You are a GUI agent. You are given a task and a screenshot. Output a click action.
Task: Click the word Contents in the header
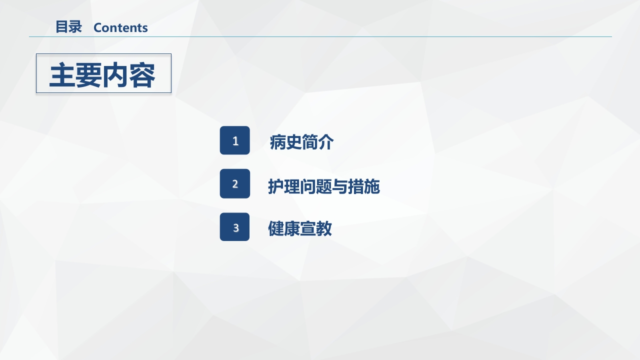click(x=120, y=28)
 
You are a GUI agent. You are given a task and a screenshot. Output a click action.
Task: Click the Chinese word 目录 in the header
click(x=68, y=27)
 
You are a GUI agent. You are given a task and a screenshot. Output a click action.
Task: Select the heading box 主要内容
click(x=103, y=73)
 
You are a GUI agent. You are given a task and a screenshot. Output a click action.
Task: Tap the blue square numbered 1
click(x=235, y=140)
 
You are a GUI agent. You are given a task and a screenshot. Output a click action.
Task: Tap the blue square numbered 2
click(x=235, y=183)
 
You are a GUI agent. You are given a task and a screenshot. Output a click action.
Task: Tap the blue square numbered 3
click(x=235, y=227)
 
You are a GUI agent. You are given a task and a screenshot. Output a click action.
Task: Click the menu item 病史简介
click(x=301, y=142)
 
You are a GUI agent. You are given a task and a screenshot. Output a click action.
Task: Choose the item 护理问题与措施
click(x=324, y=186)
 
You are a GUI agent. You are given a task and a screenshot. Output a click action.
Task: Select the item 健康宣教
click(x=300, y=229)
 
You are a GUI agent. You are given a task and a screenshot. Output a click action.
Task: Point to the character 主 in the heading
click(x=62, y=75)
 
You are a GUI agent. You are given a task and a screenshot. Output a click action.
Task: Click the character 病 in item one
click(x=277, y=142)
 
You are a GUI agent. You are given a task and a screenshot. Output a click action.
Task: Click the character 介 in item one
click(x=326, y=142)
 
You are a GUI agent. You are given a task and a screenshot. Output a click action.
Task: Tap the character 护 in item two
click(x=276, y=186)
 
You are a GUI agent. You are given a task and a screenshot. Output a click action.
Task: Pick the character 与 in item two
click(x=340, y=186)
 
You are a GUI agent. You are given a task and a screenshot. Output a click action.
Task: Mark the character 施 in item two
click(x=372, y=186)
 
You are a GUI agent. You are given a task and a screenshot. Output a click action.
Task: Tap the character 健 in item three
click(x=276, y=229)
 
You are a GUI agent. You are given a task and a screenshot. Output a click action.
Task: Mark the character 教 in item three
click(x=324, y=229)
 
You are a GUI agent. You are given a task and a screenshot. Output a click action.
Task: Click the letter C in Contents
click(x=97, y=28)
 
